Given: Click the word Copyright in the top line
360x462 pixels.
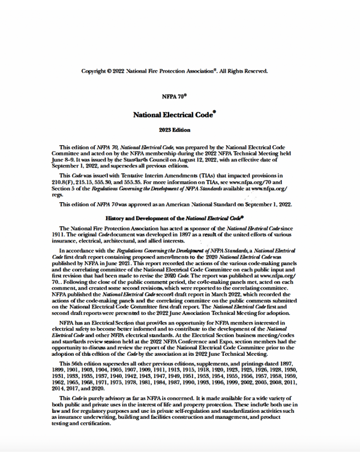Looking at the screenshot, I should [95, 71].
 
